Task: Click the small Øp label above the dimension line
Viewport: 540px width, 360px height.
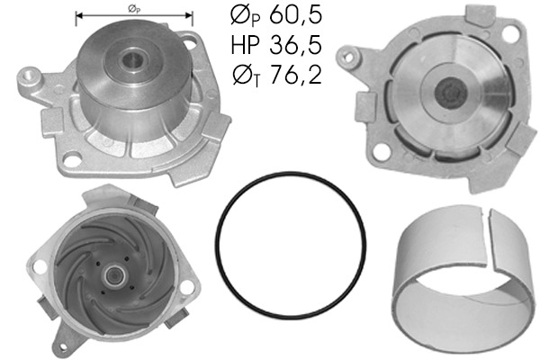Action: tap(133, 8)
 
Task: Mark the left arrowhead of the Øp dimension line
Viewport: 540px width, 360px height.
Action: tap(79, 16)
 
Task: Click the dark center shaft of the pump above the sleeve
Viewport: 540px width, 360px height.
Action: tap(447, 94)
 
